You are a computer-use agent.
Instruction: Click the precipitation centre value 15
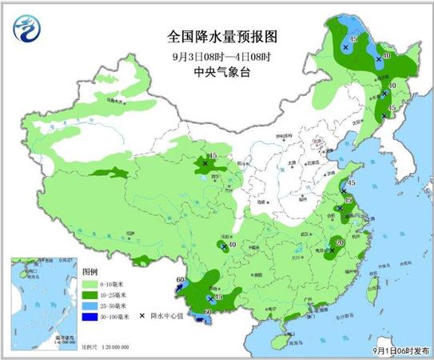213,155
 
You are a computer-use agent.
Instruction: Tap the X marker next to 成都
223,246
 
